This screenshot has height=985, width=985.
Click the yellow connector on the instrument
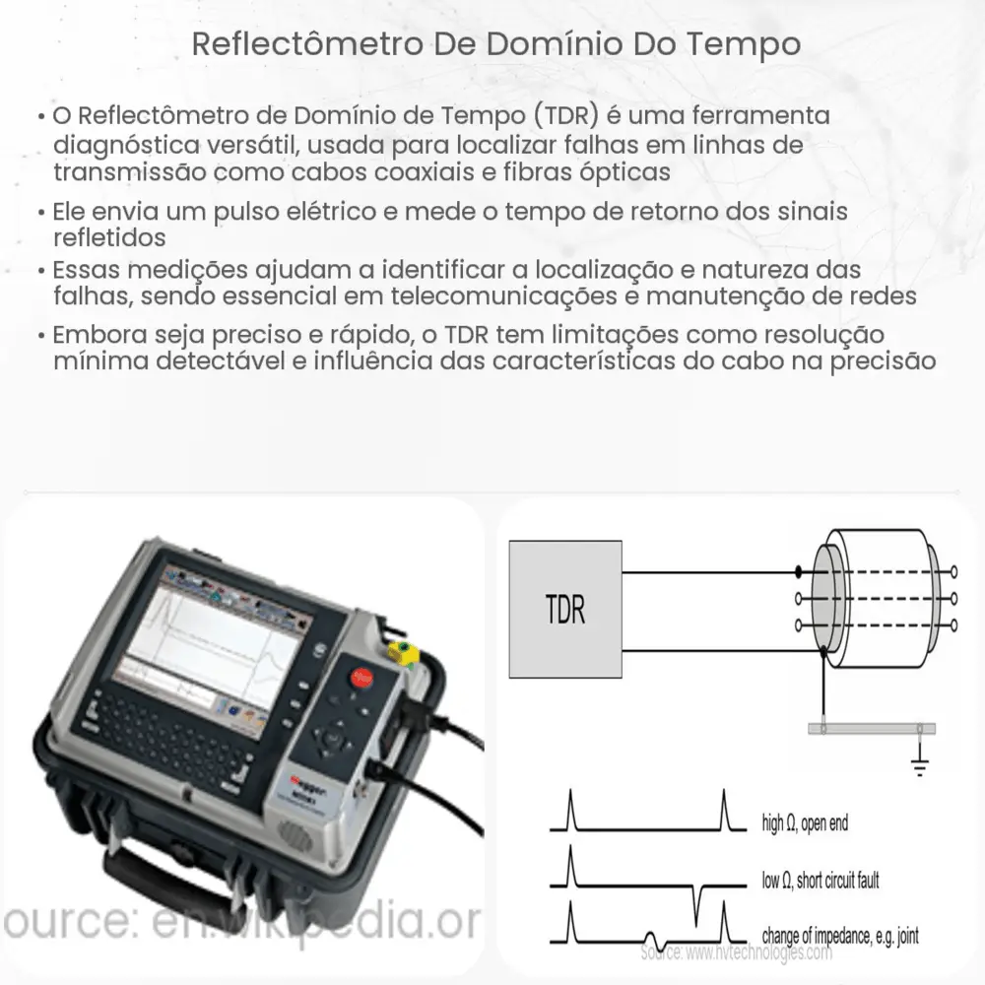click(x=402, y=651)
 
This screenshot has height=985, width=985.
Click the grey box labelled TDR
click(x=564, y=611)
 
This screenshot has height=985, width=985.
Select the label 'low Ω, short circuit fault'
click(x=821, y=880)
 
